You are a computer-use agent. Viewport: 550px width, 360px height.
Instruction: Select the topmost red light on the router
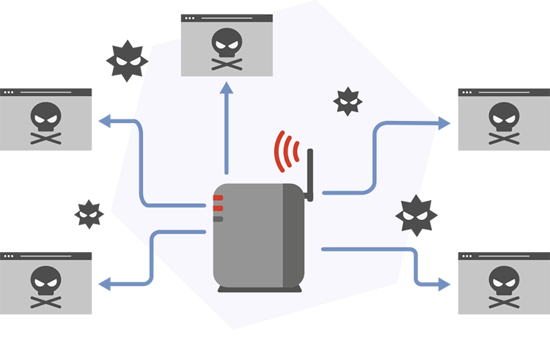tap(218, 198)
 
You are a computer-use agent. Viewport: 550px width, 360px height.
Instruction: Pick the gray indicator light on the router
tap(218, 218)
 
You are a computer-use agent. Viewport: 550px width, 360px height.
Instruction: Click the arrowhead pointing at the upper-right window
tap(444, 123)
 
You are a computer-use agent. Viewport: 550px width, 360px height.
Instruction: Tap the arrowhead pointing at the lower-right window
tap(444, 284)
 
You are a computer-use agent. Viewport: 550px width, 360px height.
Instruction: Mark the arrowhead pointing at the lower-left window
tap(104, 282)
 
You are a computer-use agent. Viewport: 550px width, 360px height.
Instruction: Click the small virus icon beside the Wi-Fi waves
tap(348, 101)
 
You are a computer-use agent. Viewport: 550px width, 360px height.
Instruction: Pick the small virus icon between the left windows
tap(89, 213)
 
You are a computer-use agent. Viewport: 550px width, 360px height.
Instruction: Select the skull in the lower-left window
tap(46, 278)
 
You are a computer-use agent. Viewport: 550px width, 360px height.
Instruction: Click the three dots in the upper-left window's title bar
tap(9, 92)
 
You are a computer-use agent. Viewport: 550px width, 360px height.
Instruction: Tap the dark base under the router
tap(259, 289)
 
